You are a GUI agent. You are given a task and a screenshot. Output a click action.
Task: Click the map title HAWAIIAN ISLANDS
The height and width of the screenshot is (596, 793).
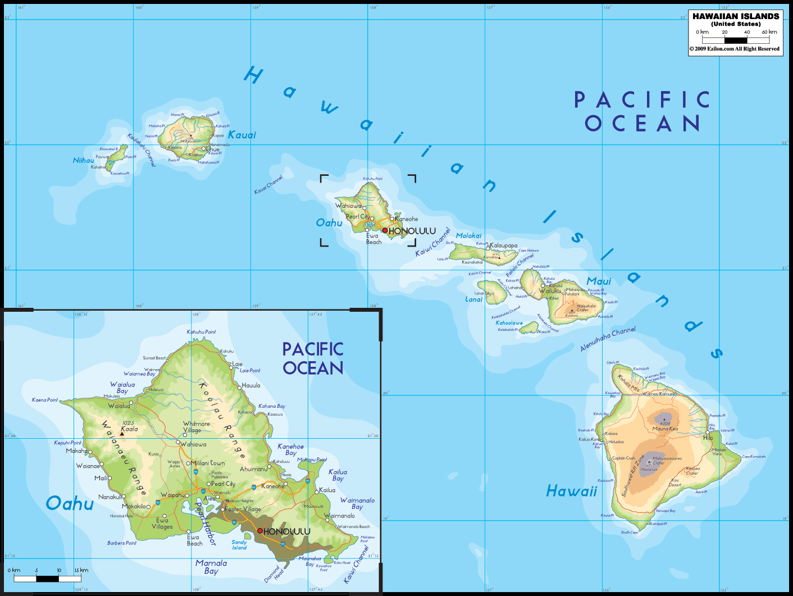735,16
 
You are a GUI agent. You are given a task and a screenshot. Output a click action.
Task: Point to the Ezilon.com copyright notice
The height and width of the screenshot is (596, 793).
734,49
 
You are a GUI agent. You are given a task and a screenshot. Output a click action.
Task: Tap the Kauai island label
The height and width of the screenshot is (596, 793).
241,135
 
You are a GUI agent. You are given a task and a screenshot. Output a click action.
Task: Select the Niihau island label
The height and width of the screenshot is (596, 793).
84,161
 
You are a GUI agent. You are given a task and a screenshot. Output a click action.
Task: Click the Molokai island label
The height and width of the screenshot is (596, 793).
468,236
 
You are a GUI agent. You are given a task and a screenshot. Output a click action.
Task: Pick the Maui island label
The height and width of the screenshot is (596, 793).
599,281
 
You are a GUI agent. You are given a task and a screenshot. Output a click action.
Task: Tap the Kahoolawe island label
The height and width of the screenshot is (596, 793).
509,323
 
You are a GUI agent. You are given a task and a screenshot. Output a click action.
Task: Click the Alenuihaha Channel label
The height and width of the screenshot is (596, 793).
608,339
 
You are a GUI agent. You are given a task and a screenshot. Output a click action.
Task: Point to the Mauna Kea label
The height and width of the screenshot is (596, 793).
664,429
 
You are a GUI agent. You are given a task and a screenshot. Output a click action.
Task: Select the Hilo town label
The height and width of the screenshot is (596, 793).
708,438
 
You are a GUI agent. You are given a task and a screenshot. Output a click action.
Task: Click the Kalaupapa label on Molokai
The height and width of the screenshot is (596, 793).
504,245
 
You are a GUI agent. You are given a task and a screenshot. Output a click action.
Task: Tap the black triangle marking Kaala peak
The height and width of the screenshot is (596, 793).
122,434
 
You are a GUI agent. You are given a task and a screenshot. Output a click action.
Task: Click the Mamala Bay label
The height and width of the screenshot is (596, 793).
211,567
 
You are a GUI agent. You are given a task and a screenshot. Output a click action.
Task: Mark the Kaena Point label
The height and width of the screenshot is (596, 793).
44,400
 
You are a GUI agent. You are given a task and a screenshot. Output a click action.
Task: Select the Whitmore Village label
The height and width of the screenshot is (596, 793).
196,427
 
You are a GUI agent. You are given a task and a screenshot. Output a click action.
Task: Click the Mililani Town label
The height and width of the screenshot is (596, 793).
210,463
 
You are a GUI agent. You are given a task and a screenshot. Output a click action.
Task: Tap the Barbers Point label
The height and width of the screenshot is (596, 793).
121,543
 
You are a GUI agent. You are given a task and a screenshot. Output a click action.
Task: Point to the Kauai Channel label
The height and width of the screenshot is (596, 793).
268,185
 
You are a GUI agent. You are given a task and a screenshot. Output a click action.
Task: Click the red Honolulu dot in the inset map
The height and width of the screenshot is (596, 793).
260,530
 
